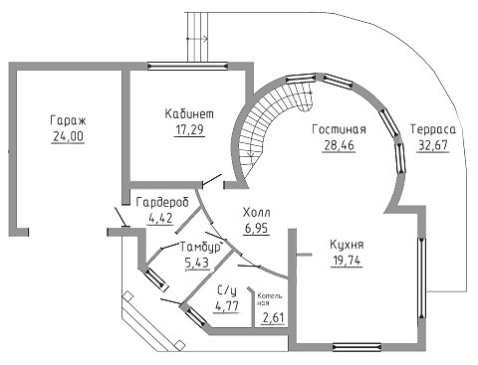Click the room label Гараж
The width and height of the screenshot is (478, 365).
point(68,120)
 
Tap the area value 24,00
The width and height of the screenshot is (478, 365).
point(68,136)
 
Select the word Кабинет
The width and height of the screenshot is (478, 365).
point(189,113)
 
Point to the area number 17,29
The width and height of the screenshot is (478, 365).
point(189,129)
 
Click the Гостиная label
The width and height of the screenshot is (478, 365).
point(339,129)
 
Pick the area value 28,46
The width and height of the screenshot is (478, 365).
point(339,145)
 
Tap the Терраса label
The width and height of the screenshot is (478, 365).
point(433,129)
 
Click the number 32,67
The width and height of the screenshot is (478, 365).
point(433,145)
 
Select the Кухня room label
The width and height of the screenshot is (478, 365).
point(347,245)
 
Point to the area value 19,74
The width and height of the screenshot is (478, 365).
point(347,261)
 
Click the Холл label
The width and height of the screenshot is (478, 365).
point(256,212)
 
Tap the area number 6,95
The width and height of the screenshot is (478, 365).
point(256,228)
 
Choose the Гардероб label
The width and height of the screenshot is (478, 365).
point(162,202)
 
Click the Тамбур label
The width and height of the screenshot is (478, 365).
point(200,247)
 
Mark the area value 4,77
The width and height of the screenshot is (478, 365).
point(227,305)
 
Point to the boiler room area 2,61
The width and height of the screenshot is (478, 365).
point(274,318)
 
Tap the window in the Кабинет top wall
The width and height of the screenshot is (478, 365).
point(187,67)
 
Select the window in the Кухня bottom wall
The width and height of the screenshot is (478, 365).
point(357,347)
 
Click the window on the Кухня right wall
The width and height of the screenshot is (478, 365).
point(421,277)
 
